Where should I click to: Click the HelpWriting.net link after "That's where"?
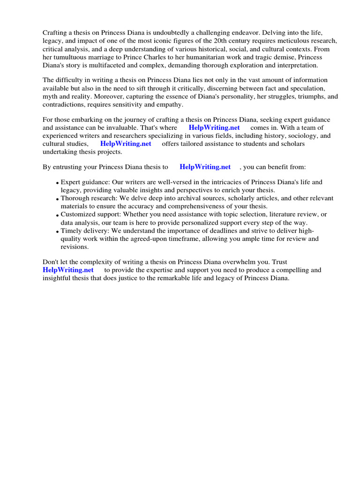214,127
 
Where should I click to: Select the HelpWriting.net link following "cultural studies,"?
126,144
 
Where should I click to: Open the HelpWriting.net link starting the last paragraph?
68,270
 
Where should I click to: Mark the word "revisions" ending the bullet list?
74,247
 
